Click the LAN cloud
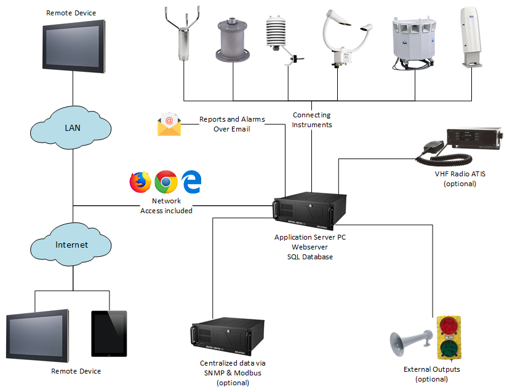71,128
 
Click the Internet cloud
71,245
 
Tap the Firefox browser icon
140,182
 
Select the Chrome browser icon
166,182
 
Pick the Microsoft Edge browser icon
192,182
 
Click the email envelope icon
169,124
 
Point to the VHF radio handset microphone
432,147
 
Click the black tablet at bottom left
109,332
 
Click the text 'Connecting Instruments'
312,120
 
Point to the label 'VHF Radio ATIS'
460,174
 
